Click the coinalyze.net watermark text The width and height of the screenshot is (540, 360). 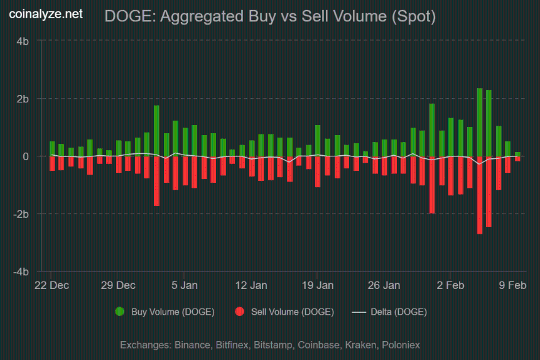45,14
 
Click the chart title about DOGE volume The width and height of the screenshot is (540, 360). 270,17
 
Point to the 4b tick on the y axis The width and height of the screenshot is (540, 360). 23,41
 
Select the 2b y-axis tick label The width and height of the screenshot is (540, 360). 23,99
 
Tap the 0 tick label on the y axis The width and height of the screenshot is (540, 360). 26,156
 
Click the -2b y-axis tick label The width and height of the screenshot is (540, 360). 21,214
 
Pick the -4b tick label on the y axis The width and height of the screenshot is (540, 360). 21,272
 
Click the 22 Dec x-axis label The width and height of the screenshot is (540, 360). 51,285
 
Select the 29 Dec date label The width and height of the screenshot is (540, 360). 118,285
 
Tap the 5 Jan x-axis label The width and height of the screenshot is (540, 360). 185,285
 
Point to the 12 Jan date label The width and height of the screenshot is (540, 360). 251,285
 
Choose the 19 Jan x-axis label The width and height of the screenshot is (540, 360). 318,285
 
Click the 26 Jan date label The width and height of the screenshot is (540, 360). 384,285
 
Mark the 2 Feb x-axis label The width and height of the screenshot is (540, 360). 451,285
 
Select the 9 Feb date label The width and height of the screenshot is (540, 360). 512,285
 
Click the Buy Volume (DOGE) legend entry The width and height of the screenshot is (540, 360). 165,312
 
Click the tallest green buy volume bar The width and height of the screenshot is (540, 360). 480,123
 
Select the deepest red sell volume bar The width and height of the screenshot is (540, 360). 480,195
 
